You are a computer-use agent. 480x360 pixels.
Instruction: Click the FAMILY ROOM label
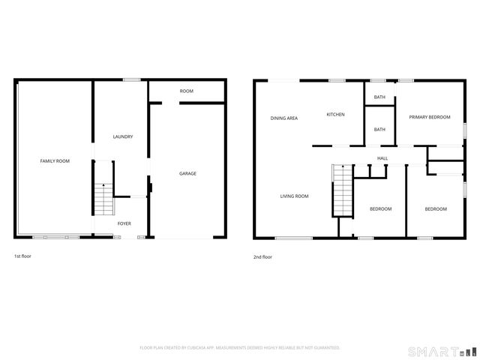(55, 161)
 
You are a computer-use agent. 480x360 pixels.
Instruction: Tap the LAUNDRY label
(123, 136)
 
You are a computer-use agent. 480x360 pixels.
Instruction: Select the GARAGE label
(187, 173)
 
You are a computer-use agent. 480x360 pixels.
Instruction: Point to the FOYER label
(124, 223)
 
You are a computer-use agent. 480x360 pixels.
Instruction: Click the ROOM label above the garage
(187, 91)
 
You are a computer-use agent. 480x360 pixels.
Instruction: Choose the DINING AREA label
(284, 118)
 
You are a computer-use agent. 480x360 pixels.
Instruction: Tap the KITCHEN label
(335, 114)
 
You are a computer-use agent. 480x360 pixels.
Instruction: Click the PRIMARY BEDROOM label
(430, 117)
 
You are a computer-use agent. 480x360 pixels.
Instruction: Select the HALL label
(382, 158)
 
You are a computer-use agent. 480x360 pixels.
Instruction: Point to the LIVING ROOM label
(295, 196)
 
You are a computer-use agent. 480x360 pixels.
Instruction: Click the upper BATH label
(379, 97)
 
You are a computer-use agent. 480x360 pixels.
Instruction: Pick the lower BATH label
(379, 129)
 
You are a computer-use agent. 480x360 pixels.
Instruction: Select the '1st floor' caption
(22, 256)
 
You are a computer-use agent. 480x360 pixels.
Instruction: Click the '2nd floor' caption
(263, 257)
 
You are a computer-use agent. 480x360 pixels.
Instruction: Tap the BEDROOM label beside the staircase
(381, 208)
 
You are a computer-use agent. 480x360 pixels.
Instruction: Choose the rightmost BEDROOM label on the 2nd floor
(436, 208)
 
